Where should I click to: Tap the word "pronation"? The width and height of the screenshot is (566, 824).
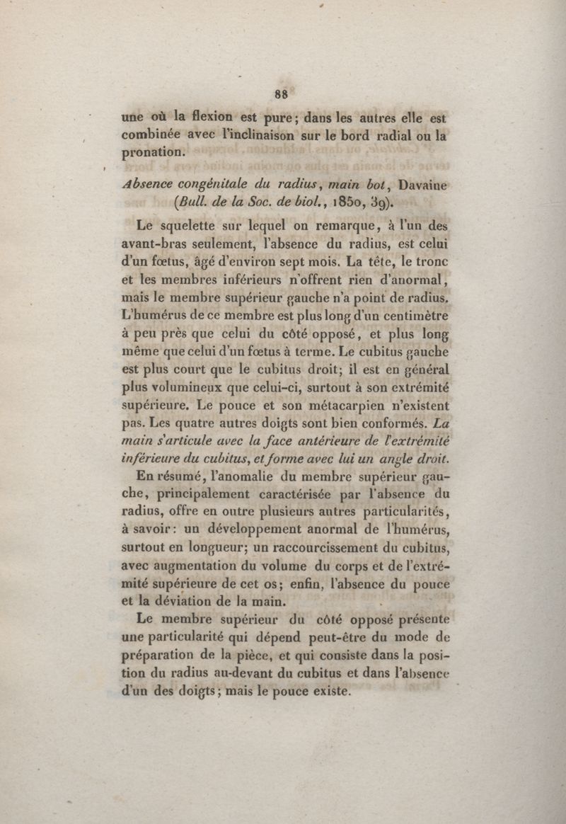(x=154, y=151)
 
